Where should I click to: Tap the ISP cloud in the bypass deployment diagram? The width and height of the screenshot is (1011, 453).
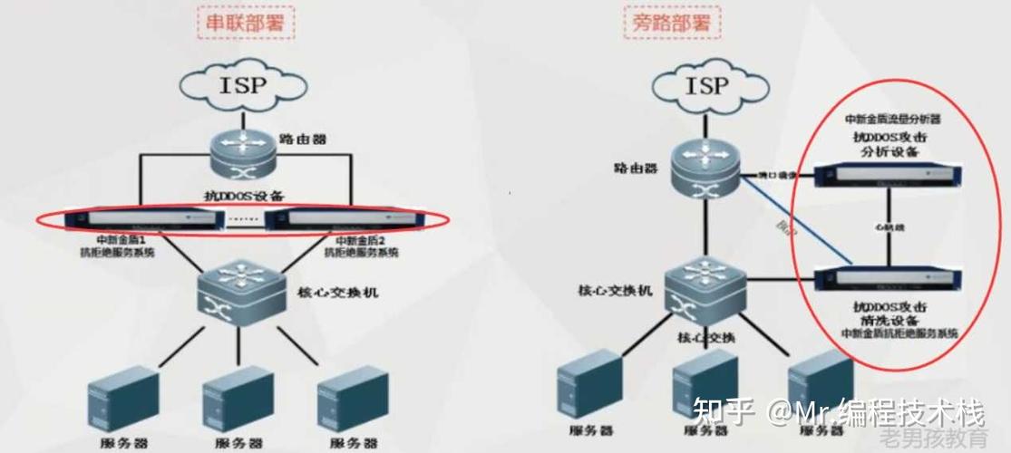(706, 87)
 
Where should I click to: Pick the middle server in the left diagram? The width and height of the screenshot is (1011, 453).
(238, 398)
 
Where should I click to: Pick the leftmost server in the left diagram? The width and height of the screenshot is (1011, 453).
(122, 398)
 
